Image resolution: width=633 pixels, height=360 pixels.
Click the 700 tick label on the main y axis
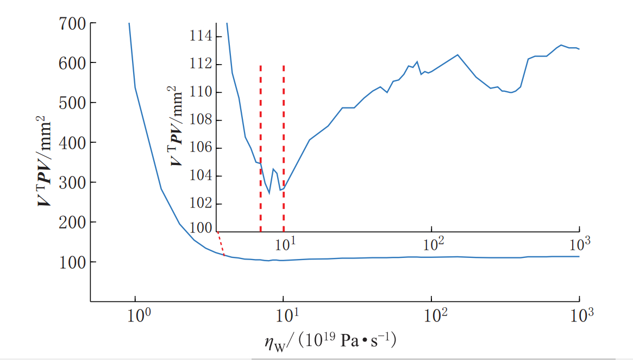click(71, 23)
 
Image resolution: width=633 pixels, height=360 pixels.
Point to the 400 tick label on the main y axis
click(71, 143)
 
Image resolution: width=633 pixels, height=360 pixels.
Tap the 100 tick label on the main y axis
click(71, 262)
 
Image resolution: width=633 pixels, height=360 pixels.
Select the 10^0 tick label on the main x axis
click(135, 316)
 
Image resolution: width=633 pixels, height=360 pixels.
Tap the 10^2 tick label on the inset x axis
click(431, 245)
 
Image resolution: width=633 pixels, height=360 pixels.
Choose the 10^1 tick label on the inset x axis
click(284, 245)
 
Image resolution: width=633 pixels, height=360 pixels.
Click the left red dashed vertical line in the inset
click(261, 147)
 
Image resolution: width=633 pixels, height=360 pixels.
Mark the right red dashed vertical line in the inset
click(284, 125)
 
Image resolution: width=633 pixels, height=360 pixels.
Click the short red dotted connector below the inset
click(221, 244)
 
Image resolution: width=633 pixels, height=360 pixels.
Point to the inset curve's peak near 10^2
click(457, 55)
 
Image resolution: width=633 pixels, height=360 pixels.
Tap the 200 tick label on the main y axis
click(71, 223)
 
